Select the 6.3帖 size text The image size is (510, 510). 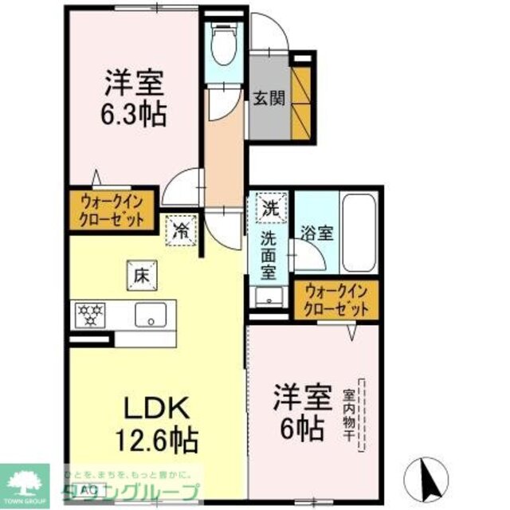click(x=133, y=116)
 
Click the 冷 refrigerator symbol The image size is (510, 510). click(x=182, y=231)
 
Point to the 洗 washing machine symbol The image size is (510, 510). click(x=271, y=210)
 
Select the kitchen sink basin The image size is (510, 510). click(x=150, y=316)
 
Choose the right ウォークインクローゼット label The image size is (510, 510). click(x=335, y=300)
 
